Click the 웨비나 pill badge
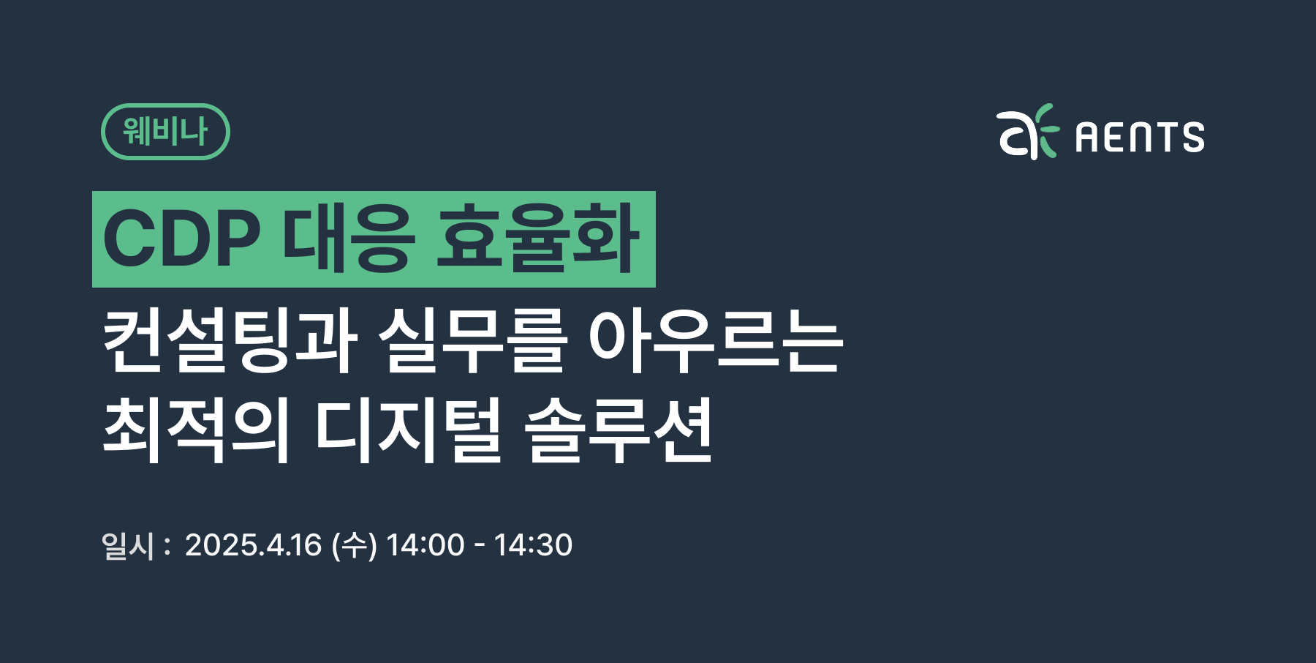click(x=165, y=132)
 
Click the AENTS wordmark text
click(x=1140, y=137)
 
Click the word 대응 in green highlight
click(x=349, y=239)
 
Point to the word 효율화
click(x=537, y=239)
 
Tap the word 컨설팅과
click(x=230, y=340)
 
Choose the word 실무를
click(x=472, y=340)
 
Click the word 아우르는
click(x=716, y=340)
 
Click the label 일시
click(x=128, y=545)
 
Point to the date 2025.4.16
click(x=253, y=545)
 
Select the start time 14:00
click(x=426, y=545)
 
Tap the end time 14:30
click(x=533, y=545)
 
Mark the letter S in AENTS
click(x=1192, y=137)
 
